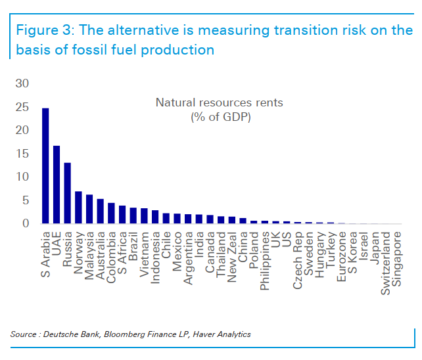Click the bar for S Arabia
click(x=45, y=166)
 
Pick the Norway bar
click(x=78, y=208)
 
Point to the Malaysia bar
click(x=89, y=209)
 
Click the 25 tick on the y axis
click(x=22, y=107)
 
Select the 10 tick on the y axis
click(x=22, y=177)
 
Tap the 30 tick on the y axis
click(x=22, y=83)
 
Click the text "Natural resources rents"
click(x=219, y=102)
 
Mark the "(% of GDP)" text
click(x=219, y=117)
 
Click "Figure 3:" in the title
click(x=44, y=30)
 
